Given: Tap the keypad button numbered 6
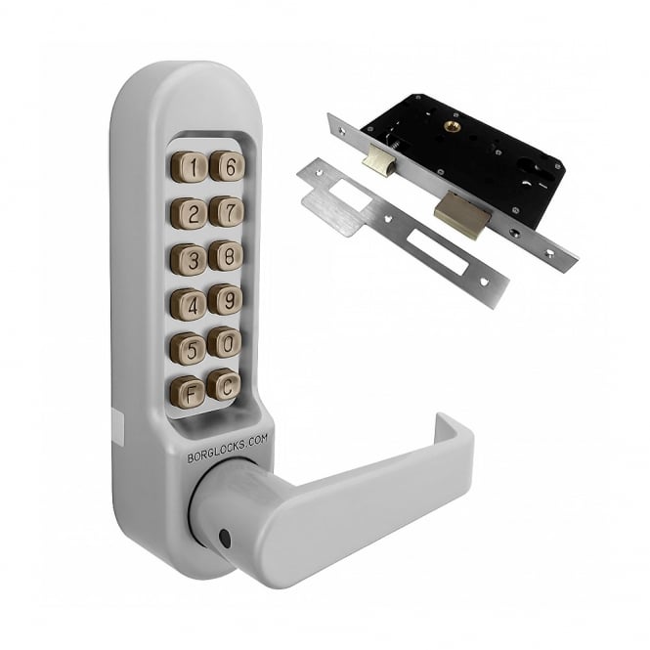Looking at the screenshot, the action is pyautogui.click(x=228, y=166).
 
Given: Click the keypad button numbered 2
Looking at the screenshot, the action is pyautogui.click(x=189, y=214).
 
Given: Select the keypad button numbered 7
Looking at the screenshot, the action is pyautogui.click(x=227, y=211).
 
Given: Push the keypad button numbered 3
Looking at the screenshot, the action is pyautogui.click(x=189, y=259).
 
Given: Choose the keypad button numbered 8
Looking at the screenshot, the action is pyautogui.click(x=226, y=256).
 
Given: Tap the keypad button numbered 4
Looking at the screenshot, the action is pyautogui.click(x=189, y=305).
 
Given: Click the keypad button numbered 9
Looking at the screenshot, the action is pyautogui.click(x=225, y=299).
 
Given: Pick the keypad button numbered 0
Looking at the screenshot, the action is pyautogui.click(x=224, y=343).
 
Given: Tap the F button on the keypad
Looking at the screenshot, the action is pyautogui.click(x=188, y=392).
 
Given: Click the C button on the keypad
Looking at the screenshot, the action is pyautogui.click(x=224, y=385).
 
